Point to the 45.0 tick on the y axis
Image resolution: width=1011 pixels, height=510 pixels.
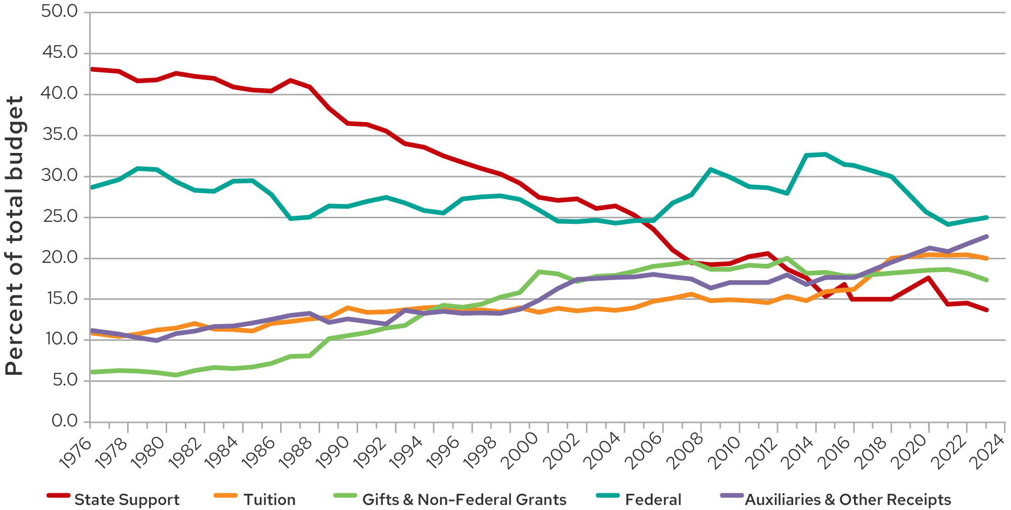point(59,53)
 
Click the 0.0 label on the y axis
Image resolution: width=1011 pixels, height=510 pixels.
point(64,421)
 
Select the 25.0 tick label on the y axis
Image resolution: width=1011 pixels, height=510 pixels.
point(59,217)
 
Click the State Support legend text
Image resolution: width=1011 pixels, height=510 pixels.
point(127,500)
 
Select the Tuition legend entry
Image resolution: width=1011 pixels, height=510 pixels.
point(269,500)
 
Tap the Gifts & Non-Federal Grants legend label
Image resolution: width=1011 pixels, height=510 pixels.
point(464,500)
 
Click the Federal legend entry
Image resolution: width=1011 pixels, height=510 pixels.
point(653,500)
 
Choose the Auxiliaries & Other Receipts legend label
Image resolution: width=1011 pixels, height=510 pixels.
point(848,500)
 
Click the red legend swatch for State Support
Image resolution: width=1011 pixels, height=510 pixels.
point(58,495)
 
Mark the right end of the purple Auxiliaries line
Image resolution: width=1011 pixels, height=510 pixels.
point(986,237)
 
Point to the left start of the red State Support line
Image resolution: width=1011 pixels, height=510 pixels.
point(92,69)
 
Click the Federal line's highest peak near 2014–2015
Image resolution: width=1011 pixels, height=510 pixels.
point(825,154)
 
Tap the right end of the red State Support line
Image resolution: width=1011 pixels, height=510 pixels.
point(986,310)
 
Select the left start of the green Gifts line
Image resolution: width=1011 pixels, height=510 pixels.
point(92,372)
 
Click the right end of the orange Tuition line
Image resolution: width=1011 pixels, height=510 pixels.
point(986,258)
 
